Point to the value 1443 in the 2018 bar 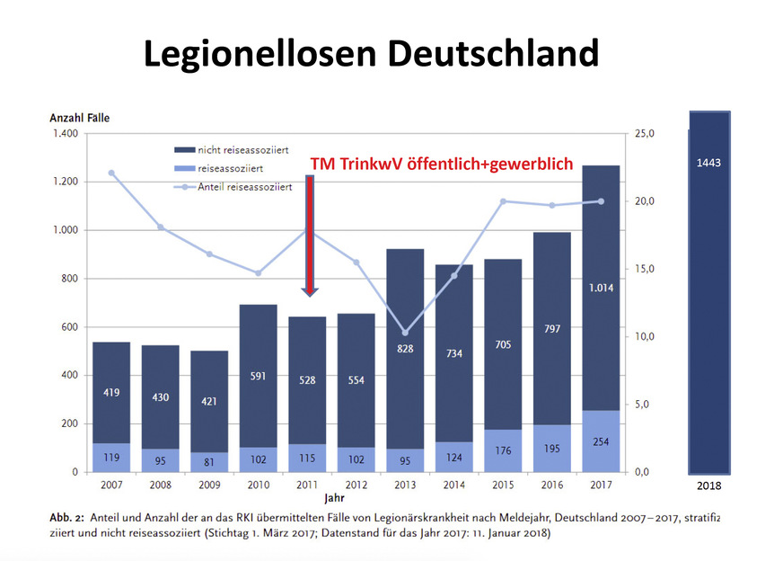coord(708,163)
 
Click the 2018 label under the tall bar coord(708,485)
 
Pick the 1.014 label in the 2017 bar coord(601,288)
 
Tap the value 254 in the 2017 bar coord(601,442)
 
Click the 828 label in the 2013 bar coord(405,348)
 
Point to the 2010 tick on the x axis coord(258,484)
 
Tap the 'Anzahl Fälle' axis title coord(79,117)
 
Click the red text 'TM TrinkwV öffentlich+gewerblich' coord(444,164)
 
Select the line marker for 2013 coord(405,333)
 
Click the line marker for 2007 coord(111,173)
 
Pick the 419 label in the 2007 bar coord(111,392)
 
